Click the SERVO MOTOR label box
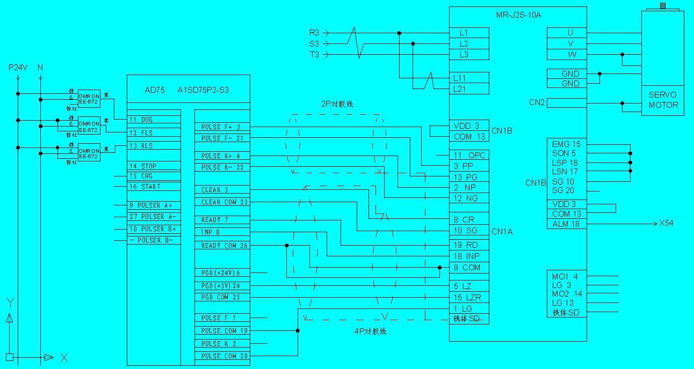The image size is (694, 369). pos(663,100)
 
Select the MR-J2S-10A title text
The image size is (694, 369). pos(518,15)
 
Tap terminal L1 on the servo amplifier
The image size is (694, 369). pos(469,33)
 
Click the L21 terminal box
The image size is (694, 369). pos(469,89)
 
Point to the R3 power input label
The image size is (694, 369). pos(314,33)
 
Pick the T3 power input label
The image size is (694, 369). pos(314,55)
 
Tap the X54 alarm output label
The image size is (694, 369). pos(666,223)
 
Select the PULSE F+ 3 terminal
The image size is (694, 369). pos(221,127)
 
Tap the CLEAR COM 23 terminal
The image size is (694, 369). pos(221,202)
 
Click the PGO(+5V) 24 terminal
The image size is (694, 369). pos(221,286)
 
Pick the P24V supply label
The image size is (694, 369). pos(17,68)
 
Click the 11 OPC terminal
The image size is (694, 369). pos(469,156)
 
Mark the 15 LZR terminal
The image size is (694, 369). pos(469,297)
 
